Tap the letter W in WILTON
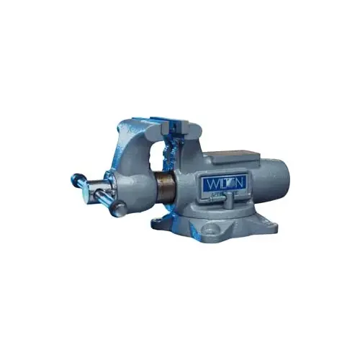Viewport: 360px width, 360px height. coord(209,184)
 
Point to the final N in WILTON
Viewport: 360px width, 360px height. coord(240,184)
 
